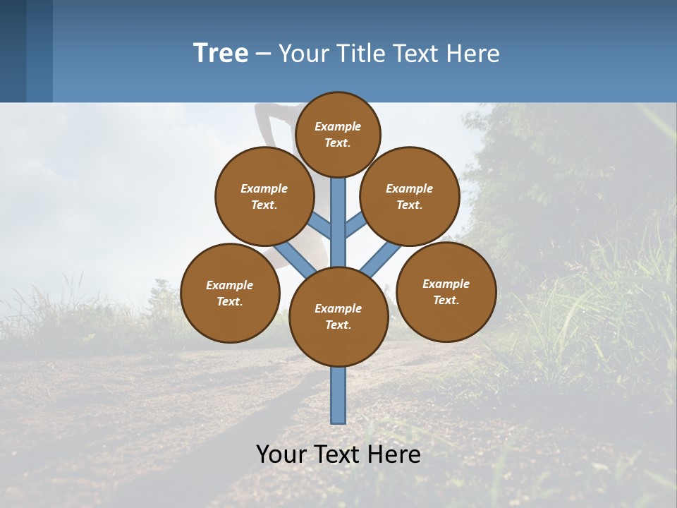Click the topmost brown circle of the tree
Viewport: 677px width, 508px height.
[x=338, y=134]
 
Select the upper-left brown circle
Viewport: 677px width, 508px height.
[x=264, y=196]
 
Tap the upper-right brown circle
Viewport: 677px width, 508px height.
[x=410, y=196]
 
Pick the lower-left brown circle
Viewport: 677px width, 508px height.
[x=230, y=293]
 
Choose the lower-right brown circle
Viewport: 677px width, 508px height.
[x=446, y=291]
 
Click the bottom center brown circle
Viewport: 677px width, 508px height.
[x=338, y=316]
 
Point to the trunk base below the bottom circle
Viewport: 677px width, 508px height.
[x=338, y=395]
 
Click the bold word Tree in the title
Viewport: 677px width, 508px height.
[x=221, y=53]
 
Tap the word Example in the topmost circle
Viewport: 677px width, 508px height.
[x=338, y=126]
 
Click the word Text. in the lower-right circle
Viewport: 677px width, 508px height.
[x=446, y=300]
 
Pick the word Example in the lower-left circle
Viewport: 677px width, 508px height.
[x=230, y=285]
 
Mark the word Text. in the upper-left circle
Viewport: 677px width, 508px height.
[x=264, y=205]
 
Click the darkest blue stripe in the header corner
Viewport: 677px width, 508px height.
[x=13, y=51]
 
